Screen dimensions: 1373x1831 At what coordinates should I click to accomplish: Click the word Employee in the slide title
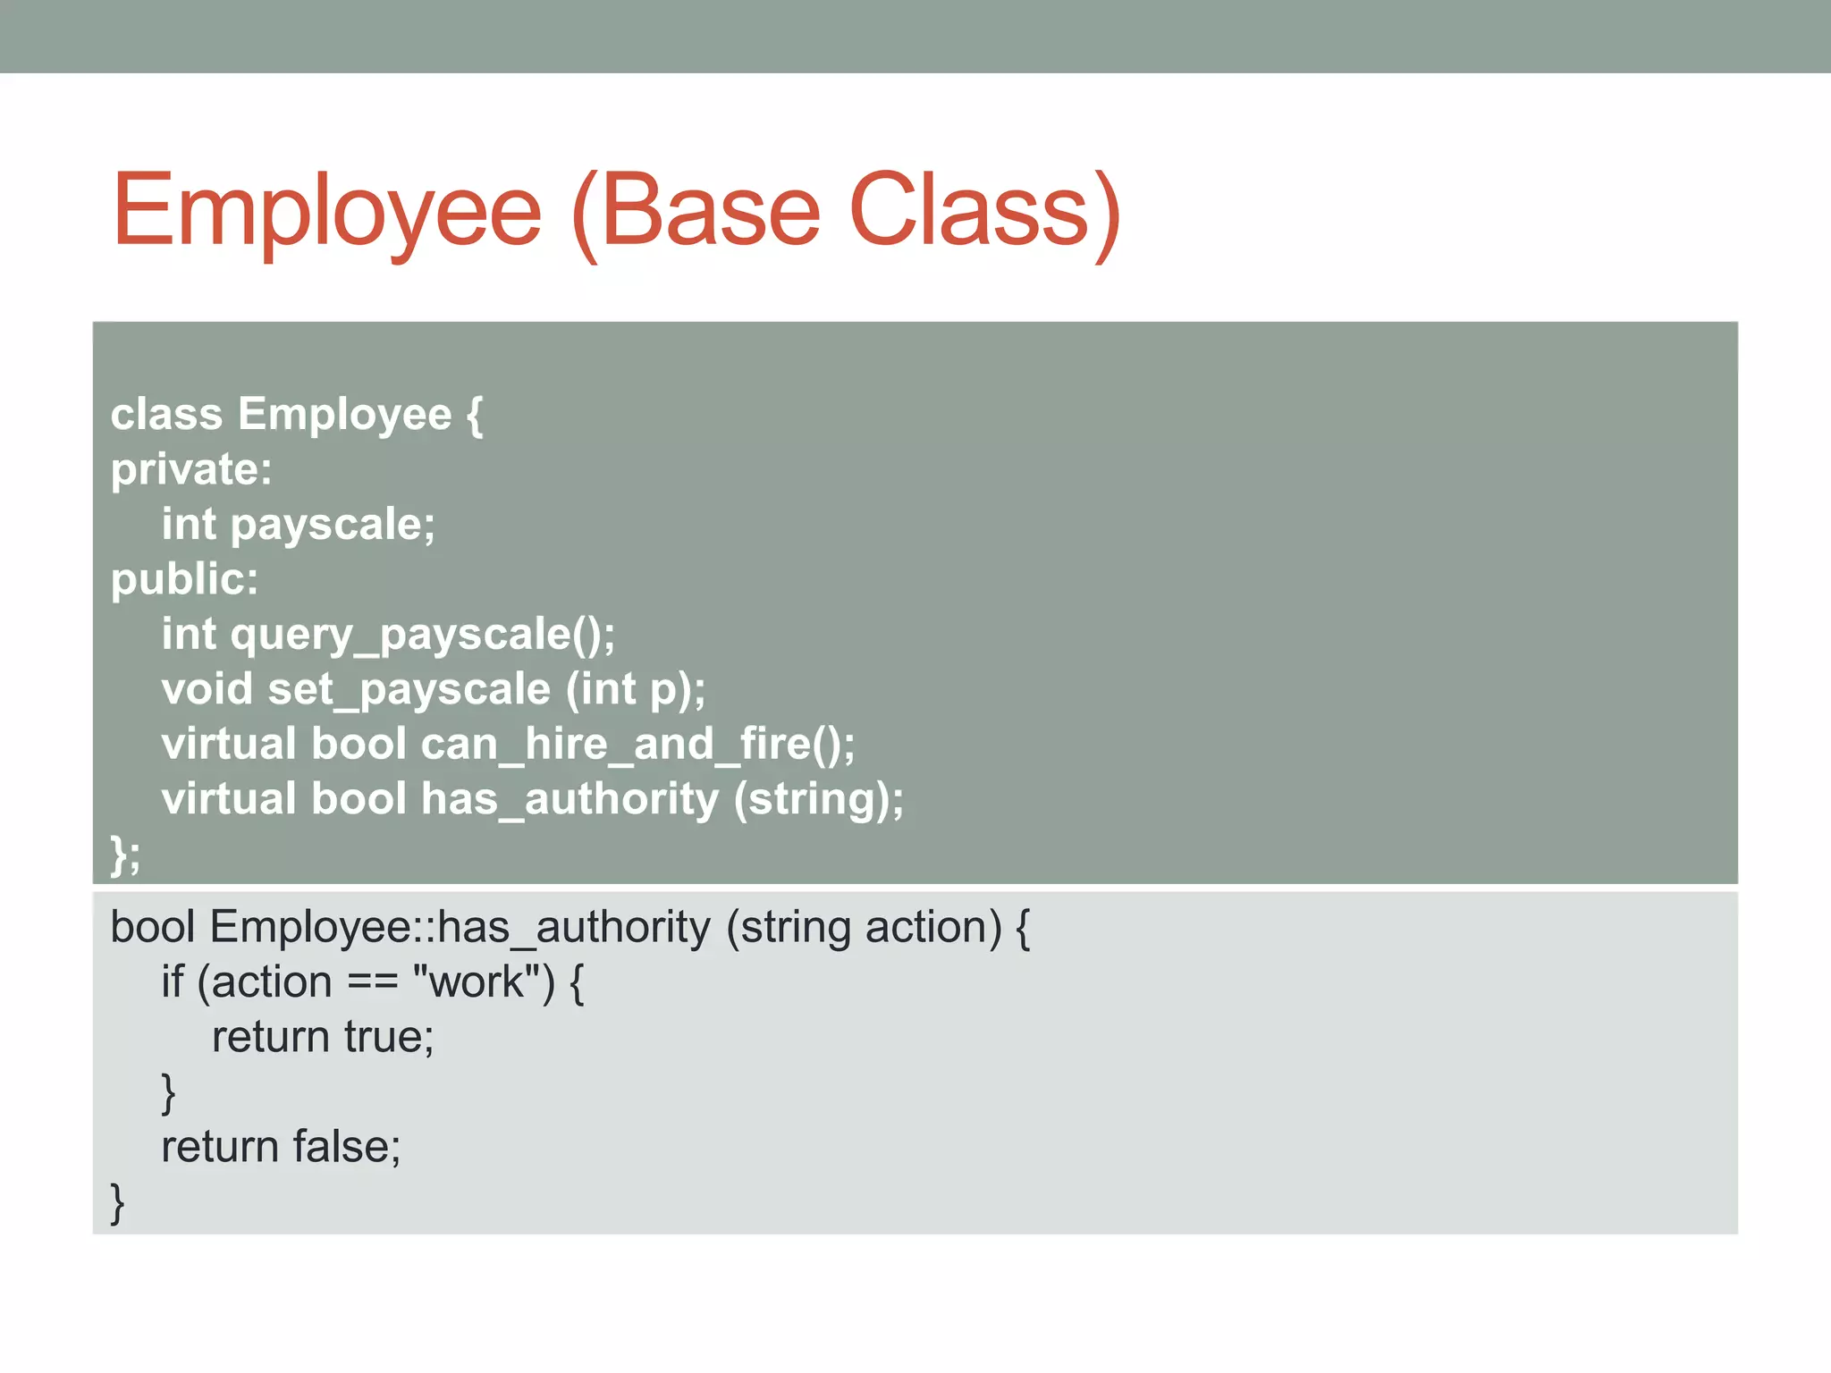327,211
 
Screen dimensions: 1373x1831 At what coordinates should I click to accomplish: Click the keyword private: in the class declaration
191,469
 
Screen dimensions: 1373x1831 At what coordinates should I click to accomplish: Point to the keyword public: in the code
185,579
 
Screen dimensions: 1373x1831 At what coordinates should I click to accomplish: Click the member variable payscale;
333,525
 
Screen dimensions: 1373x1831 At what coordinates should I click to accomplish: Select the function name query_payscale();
423,635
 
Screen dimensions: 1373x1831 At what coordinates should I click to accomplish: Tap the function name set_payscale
409,689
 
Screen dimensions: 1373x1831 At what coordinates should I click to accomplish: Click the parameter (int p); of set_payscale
636,689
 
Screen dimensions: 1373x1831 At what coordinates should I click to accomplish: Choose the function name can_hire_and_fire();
637,745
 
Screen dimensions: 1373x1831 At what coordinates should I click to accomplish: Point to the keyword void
207,689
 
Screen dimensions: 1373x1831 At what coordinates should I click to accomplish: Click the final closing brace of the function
117,1201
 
